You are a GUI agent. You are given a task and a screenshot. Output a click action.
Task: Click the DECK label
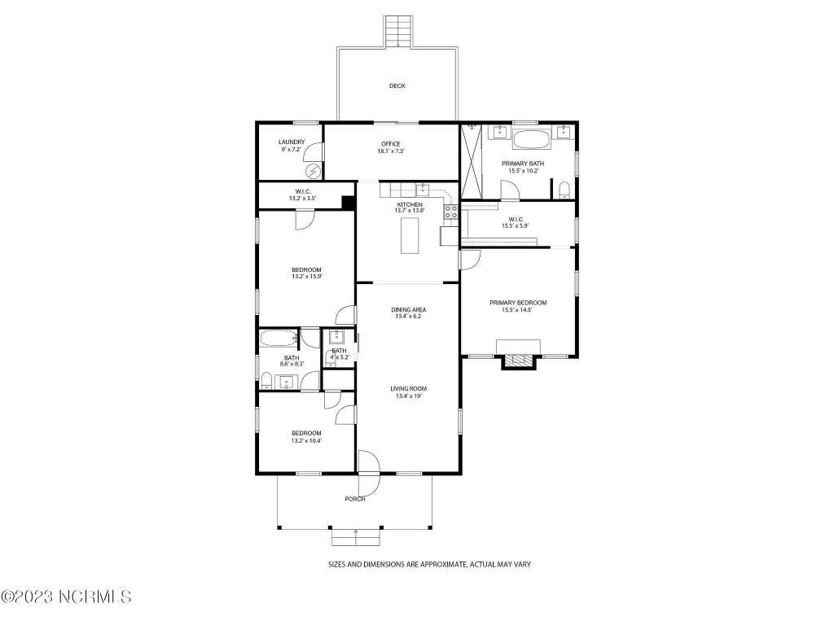point(397,85)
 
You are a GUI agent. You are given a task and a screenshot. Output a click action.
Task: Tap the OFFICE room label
point(390,144)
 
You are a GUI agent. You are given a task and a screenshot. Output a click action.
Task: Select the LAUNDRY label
point(292,142)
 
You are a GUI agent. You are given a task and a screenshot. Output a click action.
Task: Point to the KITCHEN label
point(410,204)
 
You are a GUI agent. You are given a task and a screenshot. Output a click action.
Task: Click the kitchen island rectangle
point(410,237)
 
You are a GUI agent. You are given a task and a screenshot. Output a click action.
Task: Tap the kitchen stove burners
point(450,212)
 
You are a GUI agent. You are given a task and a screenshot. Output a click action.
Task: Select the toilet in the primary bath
point(564,190)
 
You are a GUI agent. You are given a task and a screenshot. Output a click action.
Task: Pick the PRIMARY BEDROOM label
point(518,303)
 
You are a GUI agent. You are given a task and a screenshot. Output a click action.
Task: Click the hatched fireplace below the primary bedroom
point(518,361)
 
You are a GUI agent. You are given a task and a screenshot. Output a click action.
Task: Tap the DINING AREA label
point(409,310)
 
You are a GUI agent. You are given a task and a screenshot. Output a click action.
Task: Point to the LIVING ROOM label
point(409,388)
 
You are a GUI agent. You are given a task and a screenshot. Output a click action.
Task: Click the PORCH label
point(355,499)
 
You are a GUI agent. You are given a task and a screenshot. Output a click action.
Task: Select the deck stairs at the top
point(398,32)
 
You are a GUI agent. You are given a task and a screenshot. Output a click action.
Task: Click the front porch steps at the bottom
point(356,538)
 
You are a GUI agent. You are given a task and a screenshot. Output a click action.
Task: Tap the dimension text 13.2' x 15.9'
point(306,277)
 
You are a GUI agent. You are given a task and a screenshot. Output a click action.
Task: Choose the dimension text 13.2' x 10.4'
point(306,440)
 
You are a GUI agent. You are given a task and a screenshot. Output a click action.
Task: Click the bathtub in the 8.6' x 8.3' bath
point(279,339)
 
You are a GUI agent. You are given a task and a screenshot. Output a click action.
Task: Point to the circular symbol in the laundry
point(314,171)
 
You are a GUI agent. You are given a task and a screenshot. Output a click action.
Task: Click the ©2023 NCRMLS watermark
point(66,597)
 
